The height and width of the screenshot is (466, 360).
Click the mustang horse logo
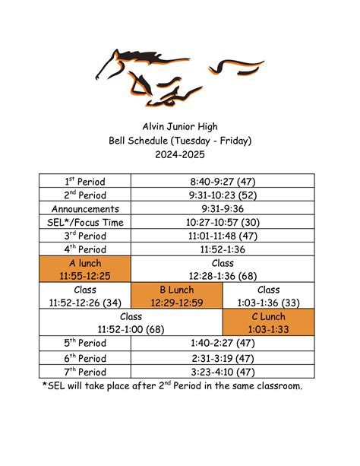pos(179,75)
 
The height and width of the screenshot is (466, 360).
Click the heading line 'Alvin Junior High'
pos(179,125)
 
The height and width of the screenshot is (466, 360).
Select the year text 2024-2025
pos(179,154)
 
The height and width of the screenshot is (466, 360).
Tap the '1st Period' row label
pos(85,181)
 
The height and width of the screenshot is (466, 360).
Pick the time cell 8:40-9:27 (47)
pos(223,181)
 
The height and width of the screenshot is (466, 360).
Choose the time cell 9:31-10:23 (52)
pos(223,195)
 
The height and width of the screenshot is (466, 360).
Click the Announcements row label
pos(85,208)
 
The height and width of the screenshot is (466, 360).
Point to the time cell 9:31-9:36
pos(223,208)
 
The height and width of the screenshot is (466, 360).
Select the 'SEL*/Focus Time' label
pos(85,222)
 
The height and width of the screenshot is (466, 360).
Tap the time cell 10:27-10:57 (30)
pos(223,222)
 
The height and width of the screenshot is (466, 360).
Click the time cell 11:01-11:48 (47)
pos(223,236)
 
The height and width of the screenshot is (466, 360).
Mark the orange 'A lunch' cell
pos(85,269)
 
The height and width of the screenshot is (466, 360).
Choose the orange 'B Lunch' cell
pos(176,296)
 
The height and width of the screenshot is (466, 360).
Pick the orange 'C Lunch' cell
pos(268,322)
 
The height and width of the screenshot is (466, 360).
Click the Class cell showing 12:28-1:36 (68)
pos(223,269)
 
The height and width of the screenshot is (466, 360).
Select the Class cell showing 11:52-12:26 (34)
pos(85,296)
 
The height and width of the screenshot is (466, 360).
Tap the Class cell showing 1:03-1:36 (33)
pos(268,296)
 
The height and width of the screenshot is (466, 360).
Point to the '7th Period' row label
pos(85,372)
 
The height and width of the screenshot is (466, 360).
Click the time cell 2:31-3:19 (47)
pos(223,357)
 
